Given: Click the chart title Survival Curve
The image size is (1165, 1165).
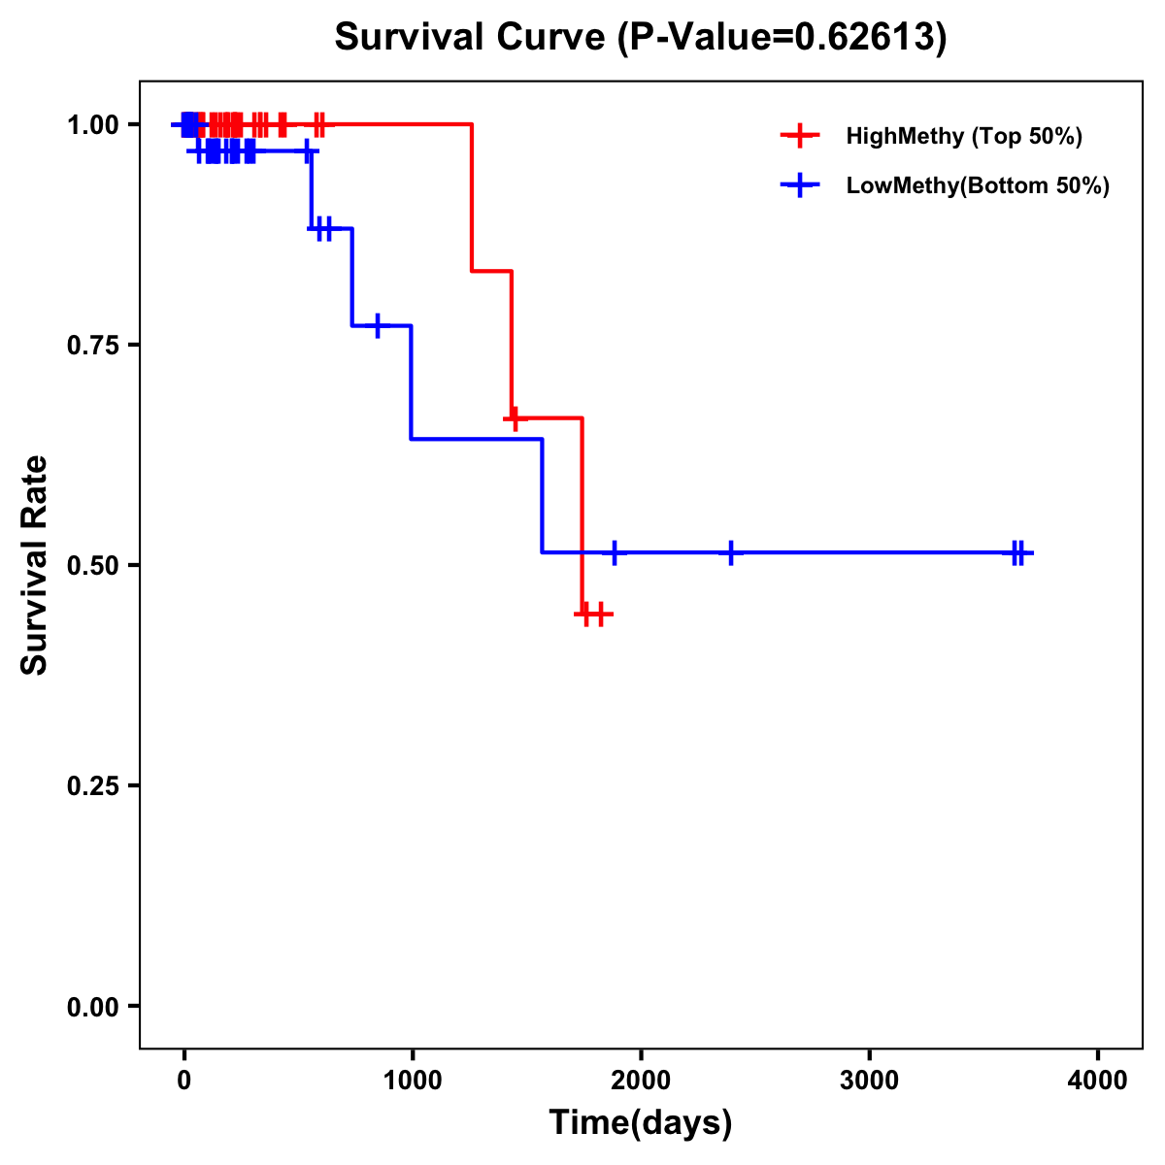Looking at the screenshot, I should (640, 37).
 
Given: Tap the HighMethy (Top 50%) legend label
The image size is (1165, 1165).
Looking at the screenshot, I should (964, 136).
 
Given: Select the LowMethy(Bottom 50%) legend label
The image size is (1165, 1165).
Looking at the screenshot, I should (978, 185).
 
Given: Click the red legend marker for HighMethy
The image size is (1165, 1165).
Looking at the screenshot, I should (799, 136).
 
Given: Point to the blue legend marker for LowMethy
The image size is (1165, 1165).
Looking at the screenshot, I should (799, 185).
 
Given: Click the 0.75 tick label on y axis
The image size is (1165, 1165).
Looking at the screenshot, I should (92, 345).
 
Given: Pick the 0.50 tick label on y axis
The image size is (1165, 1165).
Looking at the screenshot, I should (92, 565).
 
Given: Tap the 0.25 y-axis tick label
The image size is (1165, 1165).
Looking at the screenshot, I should (92, 785).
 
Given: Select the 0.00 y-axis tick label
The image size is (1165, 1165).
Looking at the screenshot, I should (92, 1006).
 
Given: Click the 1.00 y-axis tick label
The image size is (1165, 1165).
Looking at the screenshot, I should (92, 124).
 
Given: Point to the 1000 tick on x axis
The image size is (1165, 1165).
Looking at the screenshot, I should (412, 1081).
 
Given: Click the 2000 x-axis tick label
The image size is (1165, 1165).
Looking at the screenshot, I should (641, 1081).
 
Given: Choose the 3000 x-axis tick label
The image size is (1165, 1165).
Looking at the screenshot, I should (869, 1081).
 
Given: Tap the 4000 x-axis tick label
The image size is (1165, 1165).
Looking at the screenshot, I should (1098, 1081).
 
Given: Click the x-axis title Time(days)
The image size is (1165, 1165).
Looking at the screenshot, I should (641, 1123).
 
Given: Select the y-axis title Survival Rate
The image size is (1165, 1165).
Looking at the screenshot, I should (35, 564).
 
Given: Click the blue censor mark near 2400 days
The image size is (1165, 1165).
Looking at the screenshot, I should (731, 552).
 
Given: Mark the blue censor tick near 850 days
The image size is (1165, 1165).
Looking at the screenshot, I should (378, 325).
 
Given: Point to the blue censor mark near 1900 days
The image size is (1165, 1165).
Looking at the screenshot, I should (615, 552).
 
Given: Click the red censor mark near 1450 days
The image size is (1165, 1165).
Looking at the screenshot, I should (514, 418).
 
